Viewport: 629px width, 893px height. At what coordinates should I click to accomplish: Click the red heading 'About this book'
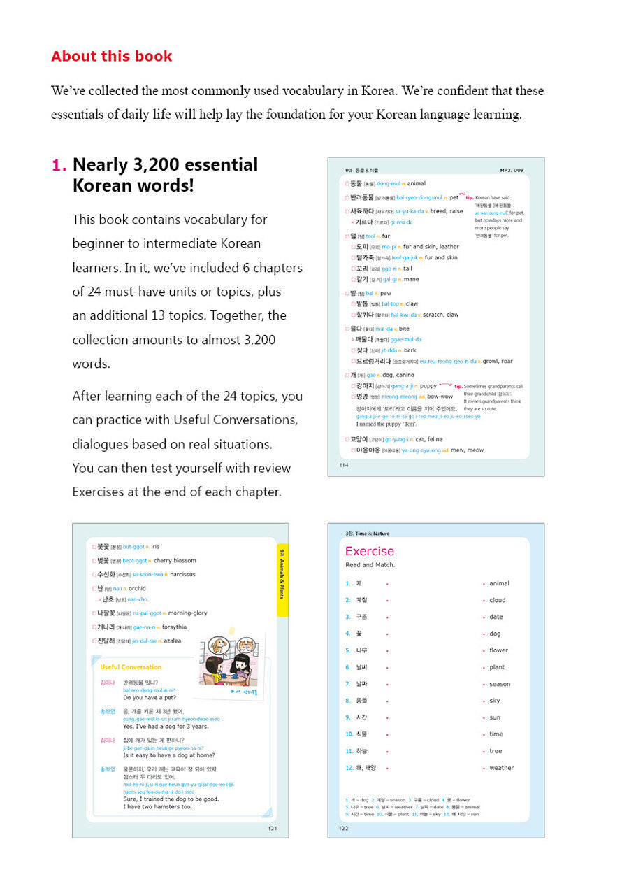[112, 57]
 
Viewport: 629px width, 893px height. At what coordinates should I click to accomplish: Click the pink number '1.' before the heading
[59, 165]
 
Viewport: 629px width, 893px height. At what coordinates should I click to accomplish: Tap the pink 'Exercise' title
[370, 551]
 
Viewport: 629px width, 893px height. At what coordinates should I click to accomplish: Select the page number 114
[342, 464]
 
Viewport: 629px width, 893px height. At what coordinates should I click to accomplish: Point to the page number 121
[272, 829]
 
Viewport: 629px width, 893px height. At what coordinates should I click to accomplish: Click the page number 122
[343, 829]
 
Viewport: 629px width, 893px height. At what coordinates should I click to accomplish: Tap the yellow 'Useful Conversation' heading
[131, 667]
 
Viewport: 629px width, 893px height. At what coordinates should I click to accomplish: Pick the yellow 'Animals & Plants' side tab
[282, 580]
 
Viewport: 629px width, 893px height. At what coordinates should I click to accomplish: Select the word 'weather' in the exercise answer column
[501, 768]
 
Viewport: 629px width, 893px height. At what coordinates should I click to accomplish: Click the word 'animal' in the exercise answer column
[499, 583]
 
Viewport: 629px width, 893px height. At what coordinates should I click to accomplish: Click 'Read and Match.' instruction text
[370, 565]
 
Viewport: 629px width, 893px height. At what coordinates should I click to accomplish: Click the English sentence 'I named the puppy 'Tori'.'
[387, 424]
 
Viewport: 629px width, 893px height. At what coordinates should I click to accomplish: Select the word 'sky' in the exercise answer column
[495, 701]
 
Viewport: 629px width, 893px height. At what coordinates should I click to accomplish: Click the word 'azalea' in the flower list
[172, 641]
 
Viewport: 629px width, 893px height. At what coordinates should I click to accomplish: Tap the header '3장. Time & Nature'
[368, 534]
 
